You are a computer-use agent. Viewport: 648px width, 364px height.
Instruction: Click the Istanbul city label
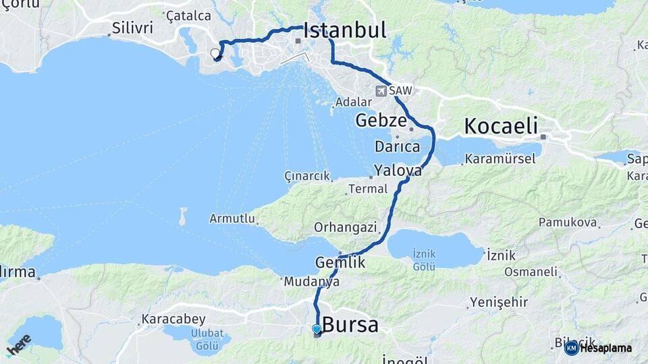(x=344, y=30)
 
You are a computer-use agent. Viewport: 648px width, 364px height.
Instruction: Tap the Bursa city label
(x=350, y=325)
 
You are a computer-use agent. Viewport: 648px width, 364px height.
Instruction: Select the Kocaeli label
(x=500, y=126)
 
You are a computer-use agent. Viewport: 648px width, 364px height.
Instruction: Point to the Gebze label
(x=381, y=121)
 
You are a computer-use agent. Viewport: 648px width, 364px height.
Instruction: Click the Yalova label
(x=398, y=171)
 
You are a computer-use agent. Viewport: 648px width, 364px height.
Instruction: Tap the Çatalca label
(x=188, y=16)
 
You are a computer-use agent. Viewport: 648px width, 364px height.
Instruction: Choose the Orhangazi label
(x=345, y=228)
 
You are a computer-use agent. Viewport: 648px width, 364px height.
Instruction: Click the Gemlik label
(x=340, y=262)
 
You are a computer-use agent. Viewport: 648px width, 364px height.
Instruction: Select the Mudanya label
(x=311, y=282)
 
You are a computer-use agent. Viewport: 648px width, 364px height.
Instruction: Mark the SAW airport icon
(x=382, y=90)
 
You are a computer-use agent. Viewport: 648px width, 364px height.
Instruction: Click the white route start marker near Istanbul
(x=215, y=53)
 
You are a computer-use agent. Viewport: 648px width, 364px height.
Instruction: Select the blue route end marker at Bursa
(x=317, y=329)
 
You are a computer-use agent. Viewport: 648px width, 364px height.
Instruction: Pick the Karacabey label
(x=168, y=319)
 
